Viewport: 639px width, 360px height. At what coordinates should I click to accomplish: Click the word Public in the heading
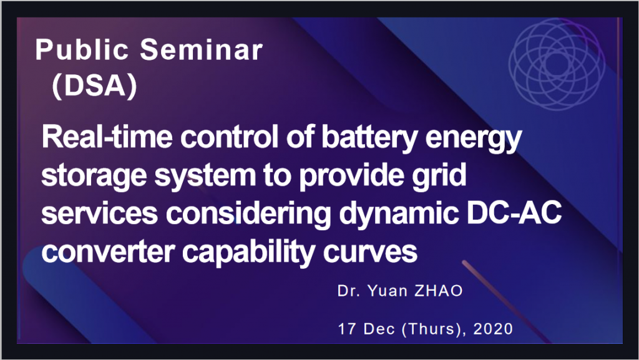click(x=82, y=50)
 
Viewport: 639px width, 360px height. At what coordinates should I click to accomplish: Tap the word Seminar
click(x=202, y=50)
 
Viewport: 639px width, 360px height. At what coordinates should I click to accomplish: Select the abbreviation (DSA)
click(x=95, y=86)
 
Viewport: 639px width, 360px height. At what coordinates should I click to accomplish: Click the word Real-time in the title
click(x=107, y=137)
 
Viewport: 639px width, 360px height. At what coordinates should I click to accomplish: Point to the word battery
click(x=369, y=139)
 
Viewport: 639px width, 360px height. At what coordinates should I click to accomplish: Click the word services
click(x=99, y=213)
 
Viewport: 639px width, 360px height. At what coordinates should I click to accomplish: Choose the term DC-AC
click(x=514, y=213)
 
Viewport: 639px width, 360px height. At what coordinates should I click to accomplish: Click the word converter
click(x=108, y=251)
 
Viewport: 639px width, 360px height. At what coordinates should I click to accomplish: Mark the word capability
click(x=248, y=253)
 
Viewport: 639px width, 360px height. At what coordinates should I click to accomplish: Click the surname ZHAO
click(x=439, y=291)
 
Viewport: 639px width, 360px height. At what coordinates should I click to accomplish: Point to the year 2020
click(x=493, y=329)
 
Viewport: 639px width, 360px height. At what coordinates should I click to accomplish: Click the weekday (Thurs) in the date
click(x=432, y=329)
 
